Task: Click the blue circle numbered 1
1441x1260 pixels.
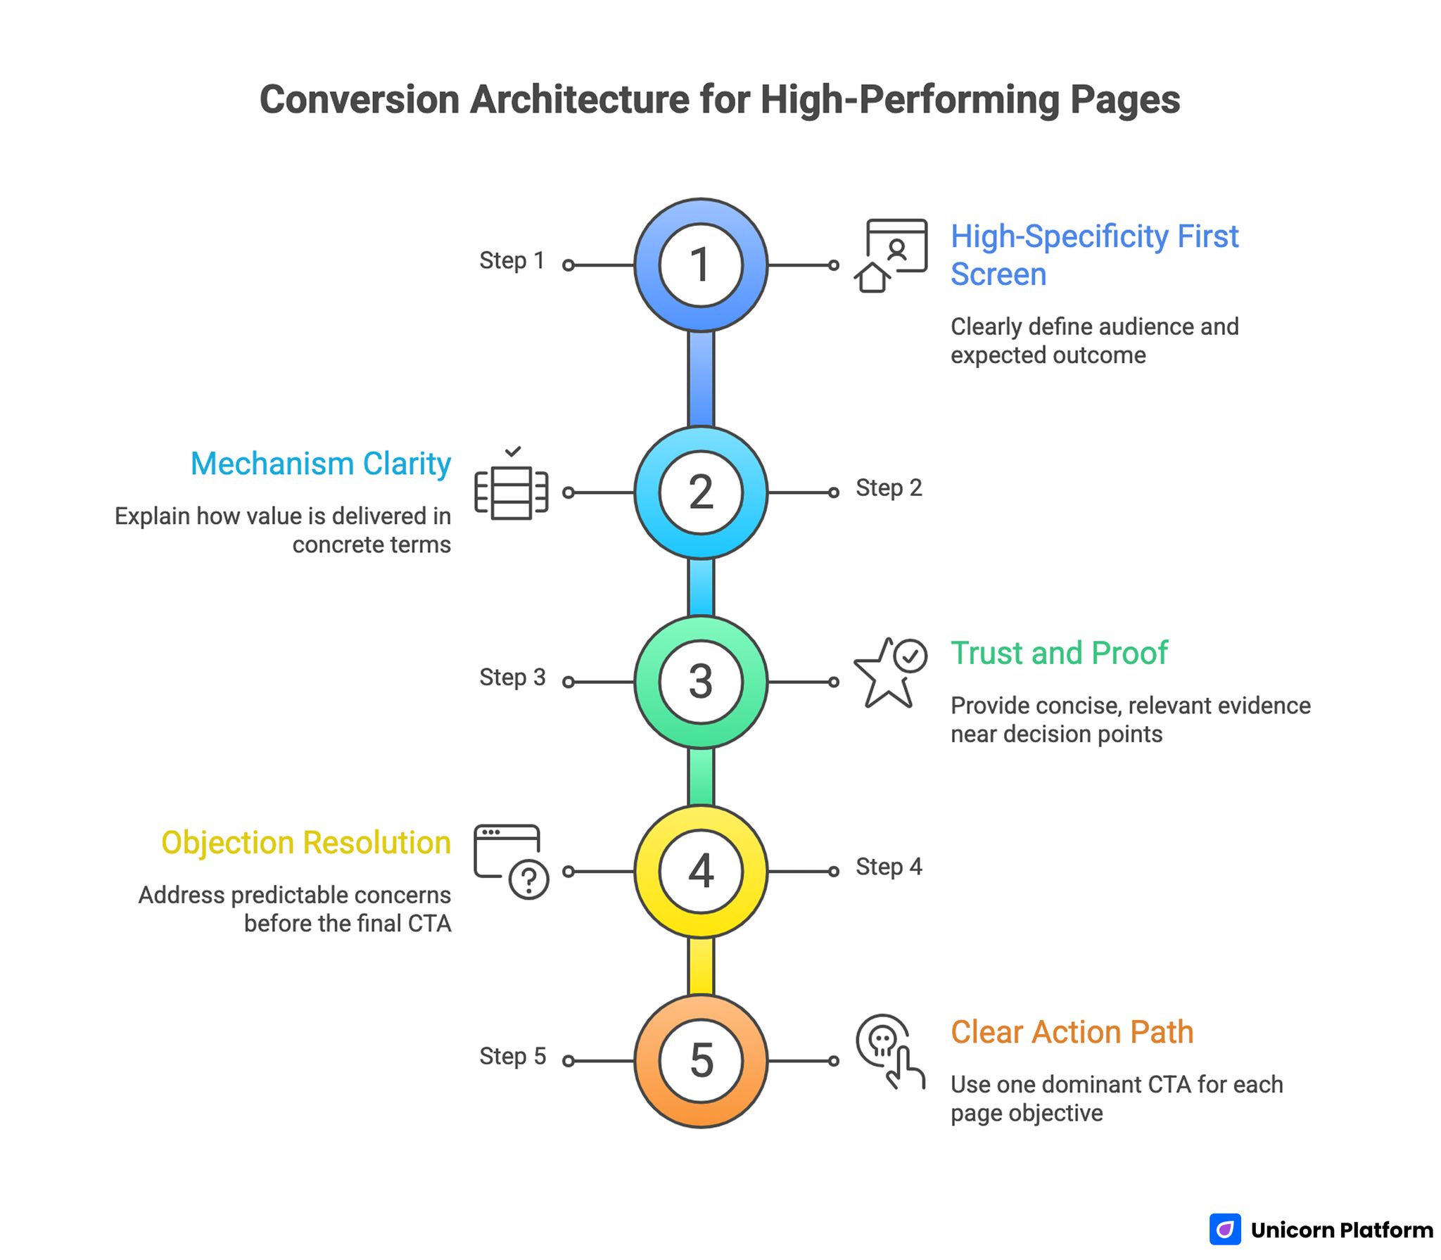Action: coord(700,265)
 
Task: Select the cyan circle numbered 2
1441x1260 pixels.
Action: coord(700,492)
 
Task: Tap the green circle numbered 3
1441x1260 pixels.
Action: coord(700,682)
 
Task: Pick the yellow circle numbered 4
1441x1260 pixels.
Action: coord(700,871)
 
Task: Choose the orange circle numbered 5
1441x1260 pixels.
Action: coord(700,1060)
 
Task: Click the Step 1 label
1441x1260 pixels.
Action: coord(512,260)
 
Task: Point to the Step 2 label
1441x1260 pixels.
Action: coord(888,488)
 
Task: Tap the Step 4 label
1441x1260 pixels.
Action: coord(888,867)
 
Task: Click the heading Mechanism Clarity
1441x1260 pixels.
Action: coord(321,464)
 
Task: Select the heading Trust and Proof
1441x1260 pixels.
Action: coord(1058,653)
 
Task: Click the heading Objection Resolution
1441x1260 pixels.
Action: coord(306,843)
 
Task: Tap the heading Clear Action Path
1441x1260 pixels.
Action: coord(1072,1032)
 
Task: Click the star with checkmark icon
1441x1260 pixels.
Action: coord(889,673)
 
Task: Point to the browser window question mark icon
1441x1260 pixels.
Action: coord(511,861)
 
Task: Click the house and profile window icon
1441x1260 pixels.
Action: coord(890,255)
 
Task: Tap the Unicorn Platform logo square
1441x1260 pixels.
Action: coord(1225,1229)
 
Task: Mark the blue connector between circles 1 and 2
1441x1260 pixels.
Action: coord(701,378)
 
